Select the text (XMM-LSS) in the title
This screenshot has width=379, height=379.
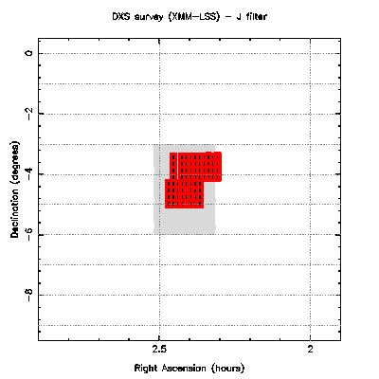tap(193, 17)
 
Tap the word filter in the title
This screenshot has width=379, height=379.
tap(255, 16)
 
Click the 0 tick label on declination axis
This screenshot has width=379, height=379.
tap(29, 53)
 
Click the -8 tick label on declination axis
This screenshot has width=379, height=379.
tap(29, 294)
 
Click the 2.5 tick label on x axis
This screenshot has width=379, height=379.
tap(159, 350)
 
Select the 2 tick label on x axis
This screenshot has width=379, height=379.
tap(311, 350)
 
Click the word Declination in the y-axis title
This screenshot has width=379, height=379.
tap(15, 208)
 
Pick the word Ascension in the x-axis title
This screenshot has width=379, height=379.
tap(184, 368)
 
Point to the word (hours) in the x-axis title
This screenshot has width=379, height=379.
tap(227, 369)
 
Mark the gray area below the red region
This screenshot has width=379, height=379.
tap(184, 222)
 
